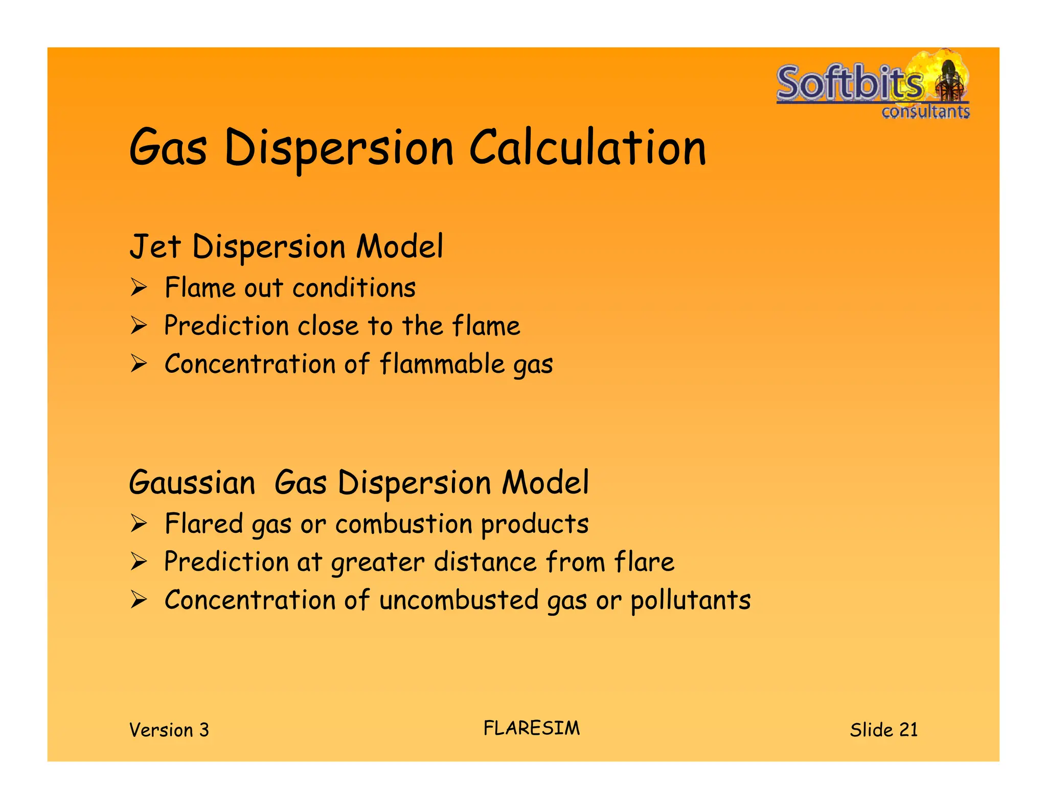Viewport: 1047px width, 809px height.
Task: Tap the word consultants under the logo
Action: tap(925, 111)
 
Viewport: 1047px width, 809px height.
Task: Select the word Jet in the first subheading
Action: tap(154, 246)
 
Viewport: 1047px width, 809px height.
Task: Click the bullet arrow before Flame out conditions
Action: tap(139, 287)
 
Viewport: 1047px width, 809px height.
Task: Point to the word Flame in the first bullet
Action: tap(200, 287)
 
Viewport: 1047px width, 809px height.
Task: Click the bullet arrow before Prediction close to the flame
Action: tap(139, 326)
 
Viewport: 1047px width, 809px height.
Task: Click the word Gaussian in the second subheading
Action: tap(192, 482)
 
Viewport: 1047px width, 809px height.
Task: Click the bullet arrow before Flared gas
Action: tap(139, 524)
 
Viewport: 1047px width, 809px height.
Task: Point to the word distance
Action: tap(485, 561)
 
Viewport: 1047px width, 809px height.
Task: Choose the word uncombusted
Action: tap(459, 600)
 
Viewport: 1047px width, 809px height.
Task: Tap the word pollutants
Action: tap(690, 600)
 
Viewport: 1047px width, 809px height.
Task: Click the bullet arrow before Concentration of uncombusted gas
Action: tap(139, 599)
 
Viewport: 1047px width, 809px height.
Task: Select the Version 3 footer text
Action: tap(169, 730)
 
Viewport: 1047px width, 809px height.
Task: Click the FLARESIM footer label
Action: tap(532, 728)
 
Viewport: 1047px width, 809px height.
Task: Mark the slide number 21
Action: tap(908, 729)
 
